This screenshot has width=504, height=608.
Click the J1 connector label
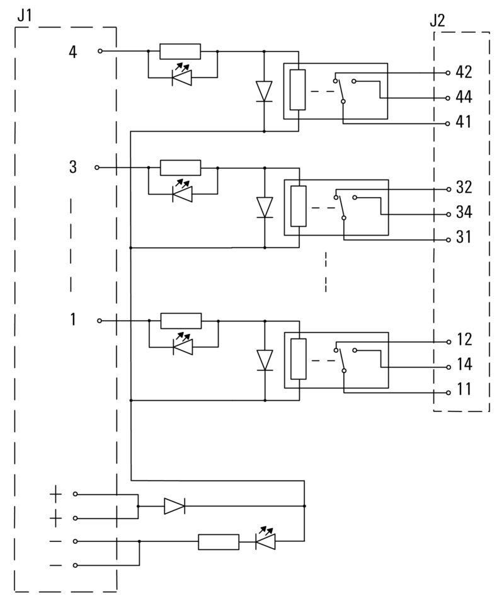24,15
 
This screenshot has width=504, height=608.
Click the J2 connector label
437,20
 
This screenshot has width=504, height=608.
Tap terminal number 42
464,72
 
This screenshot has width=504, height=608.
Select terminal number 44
464,98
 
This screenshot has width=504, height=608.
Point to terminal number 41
464,122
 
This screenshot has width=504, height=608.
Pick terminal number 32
464,188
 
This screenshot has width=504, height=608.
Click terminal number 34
464,213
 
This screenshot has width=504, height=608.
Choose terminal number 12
464,341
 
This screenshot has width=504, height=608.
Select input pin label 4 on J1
73,52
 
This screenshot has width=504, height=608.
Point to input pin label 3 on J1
73,168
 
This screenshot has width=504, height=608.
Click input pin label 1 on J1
73,320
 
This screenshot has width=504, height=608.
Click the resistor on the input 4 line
180,52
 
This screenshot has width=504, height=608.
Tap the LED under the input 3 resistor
182,195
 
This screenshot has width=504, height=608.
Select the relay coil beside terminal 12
299,359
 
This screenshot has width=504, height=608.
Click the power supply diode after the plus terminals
173,506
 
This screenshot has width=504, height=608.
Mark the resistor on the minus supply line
219,542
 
